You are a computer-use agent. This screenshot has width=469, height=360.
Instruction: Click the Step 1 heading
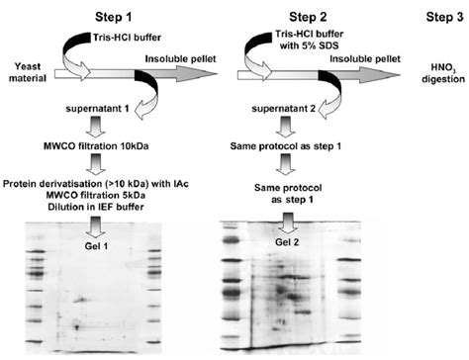[109, 15]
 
